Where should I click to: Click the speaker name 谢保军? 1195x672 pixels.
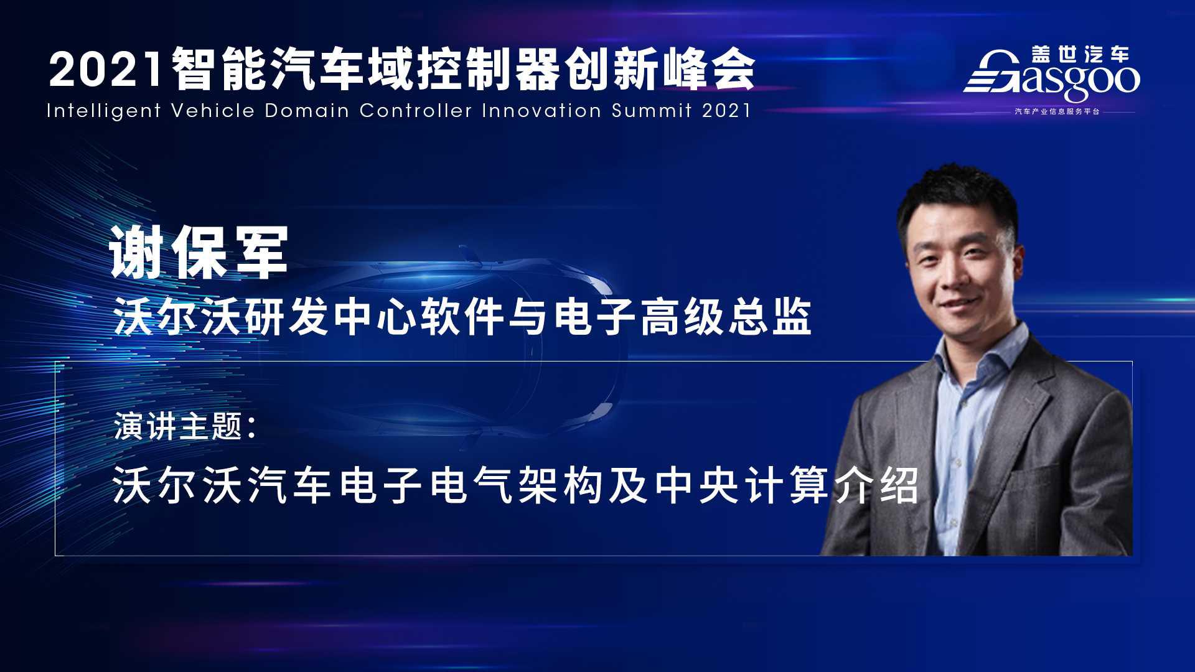click(199, 251)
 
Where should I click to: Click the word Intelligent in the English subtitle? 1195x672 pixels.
click(103, 111)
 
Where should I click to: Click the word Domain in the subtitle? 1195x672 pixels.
click(306, 111)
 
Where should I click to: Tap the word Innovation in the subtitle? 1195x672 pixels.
click(541, 111)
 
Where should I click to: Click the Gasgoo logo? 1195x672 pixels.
click(1052, 75)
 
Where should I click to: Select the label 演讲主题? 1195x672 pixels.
click(185, 427)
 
